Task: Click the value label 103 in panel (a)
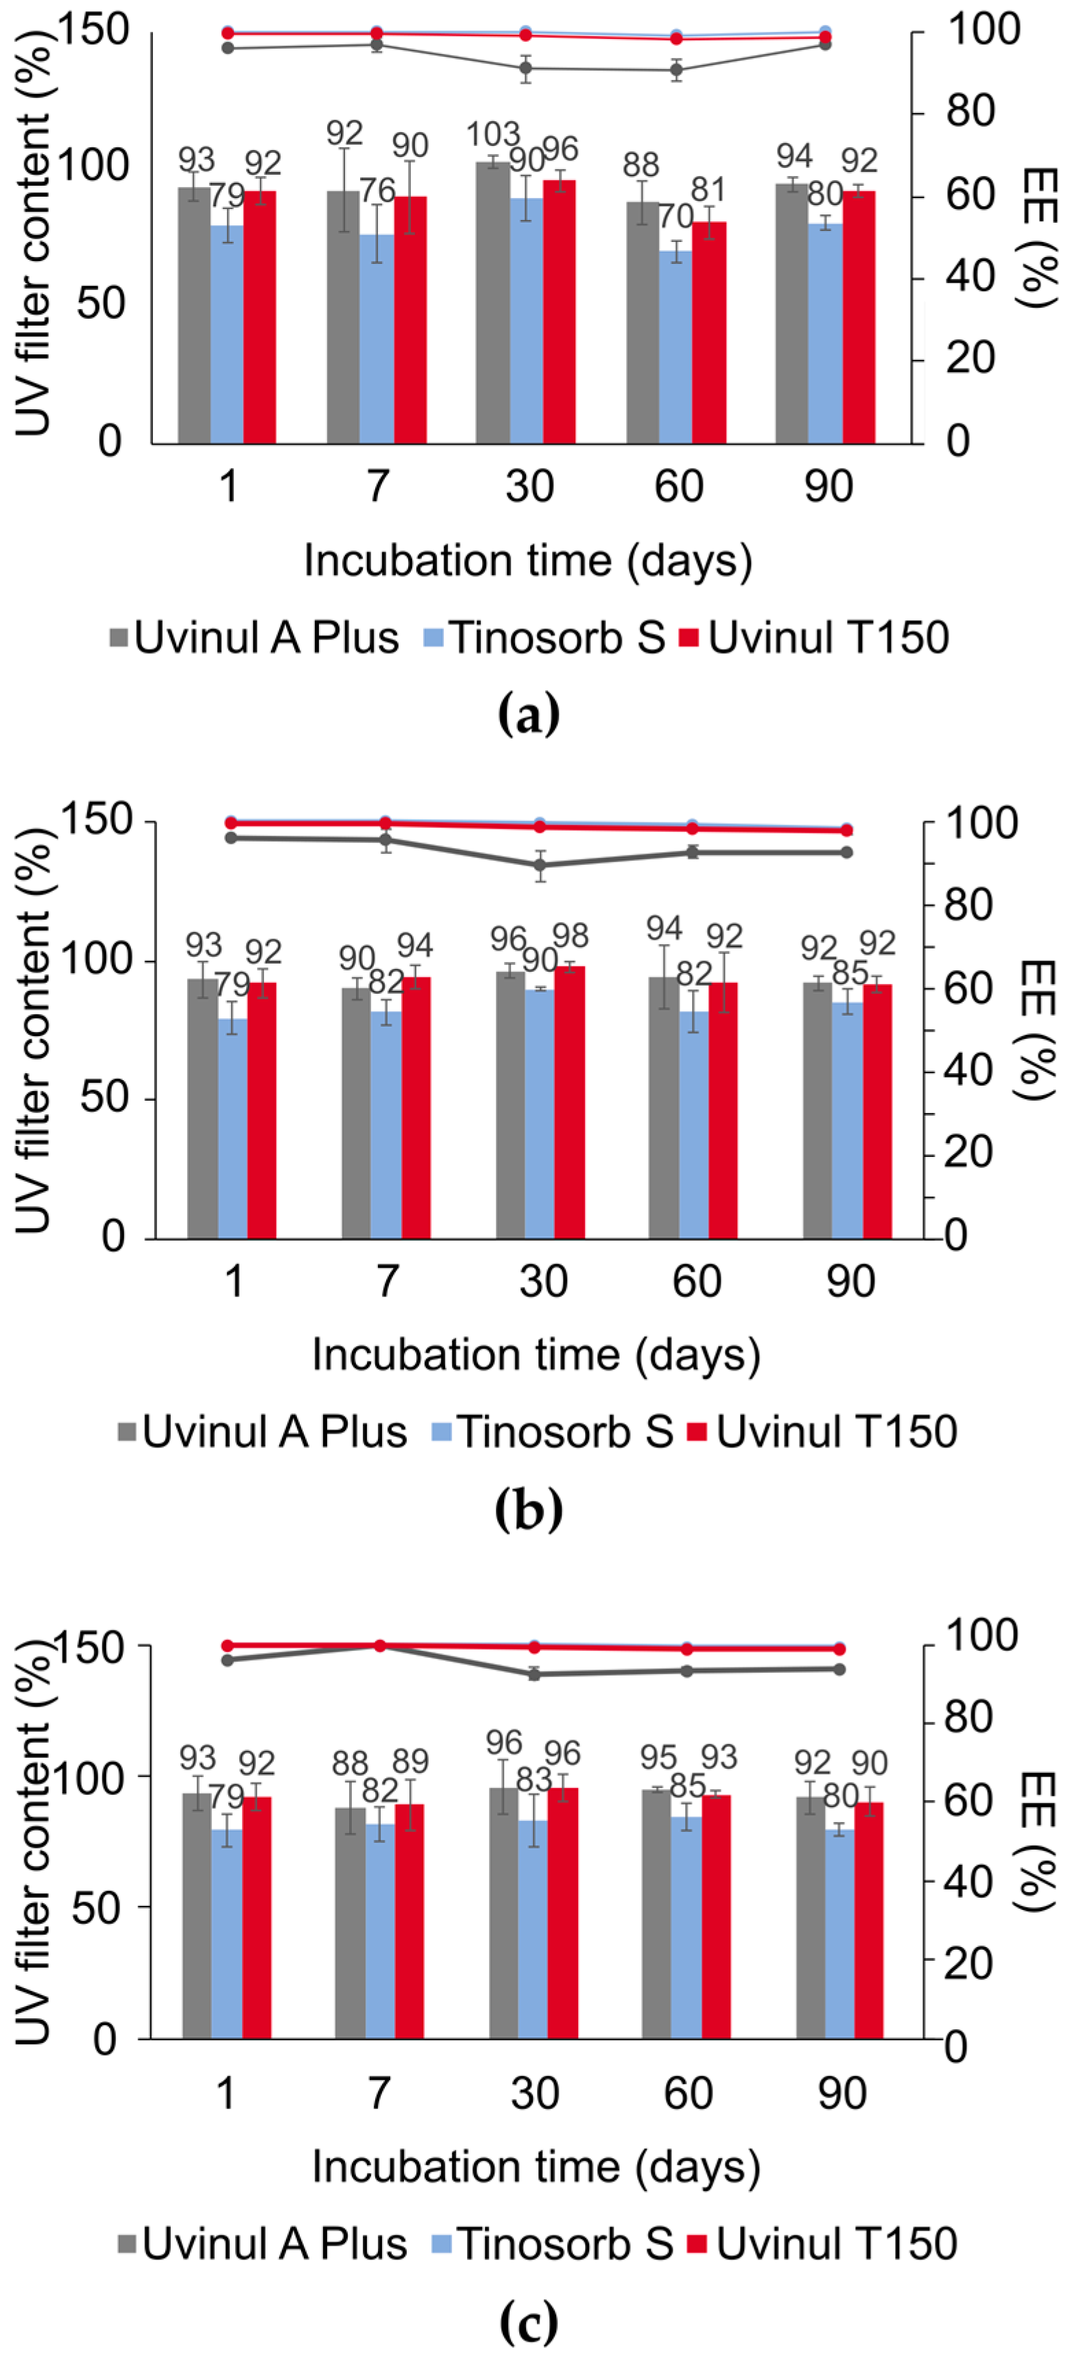pos(493,135)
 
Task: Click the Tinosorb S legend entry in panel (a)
pos(545,637)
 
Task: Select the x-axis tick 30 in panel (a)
pos(529,486)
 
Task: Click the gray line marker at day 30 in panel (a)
pos(526,68)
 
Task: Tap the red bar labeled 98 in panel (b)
pos(570,1101)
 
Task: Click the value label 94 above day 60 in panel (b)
pos(664,929)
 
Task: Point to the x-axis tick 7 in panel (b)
pos(388,1281)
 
